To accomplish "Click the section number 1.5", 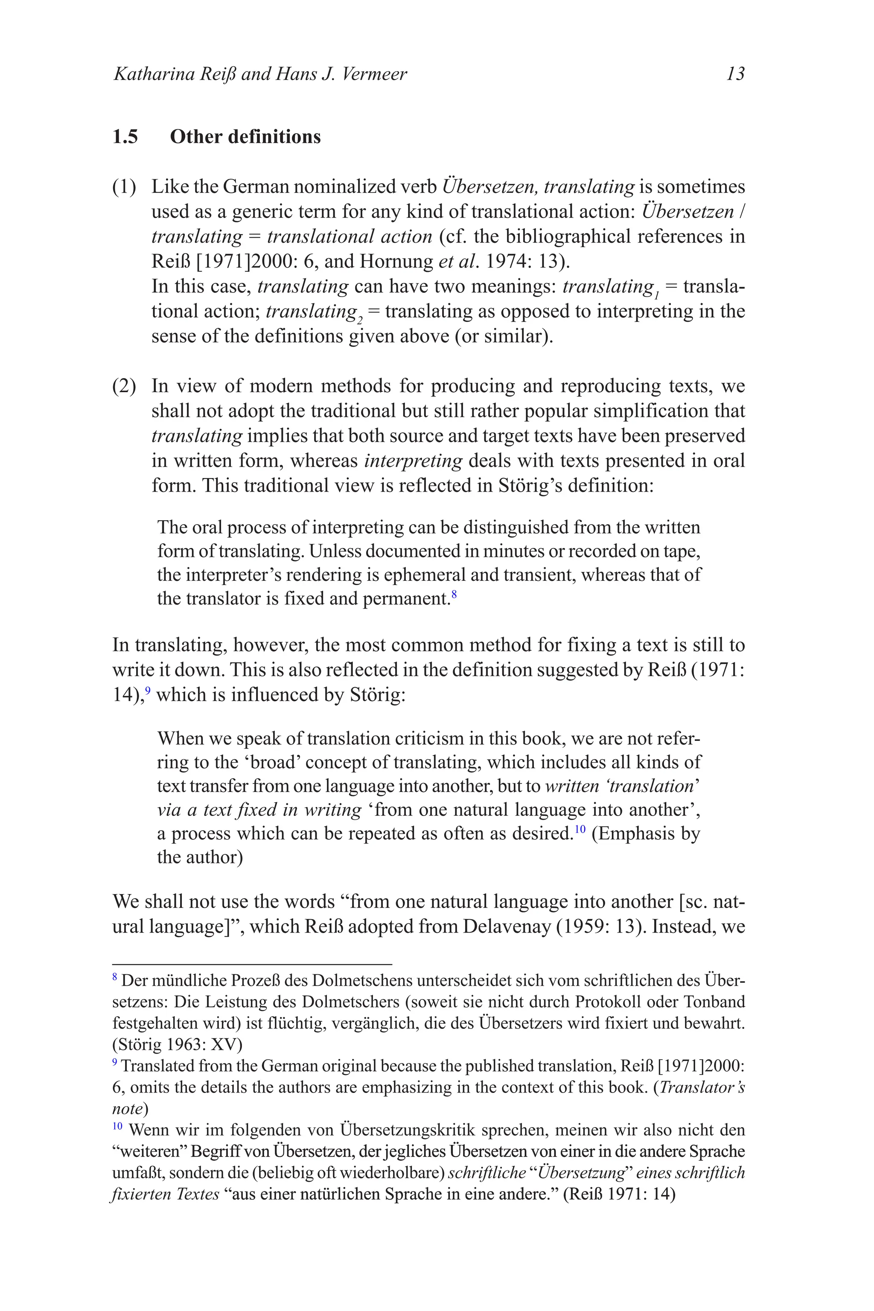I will coord(125,137).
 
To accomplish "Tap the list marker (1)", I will coord(124,187).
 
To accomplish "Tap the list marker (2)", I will coord(124,386).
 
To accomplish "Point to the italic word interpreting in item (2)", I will coord(413,461).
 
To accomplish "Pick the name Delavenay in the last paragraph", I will coord(507,926).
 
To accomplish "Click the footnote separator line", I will coord(252,964).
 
